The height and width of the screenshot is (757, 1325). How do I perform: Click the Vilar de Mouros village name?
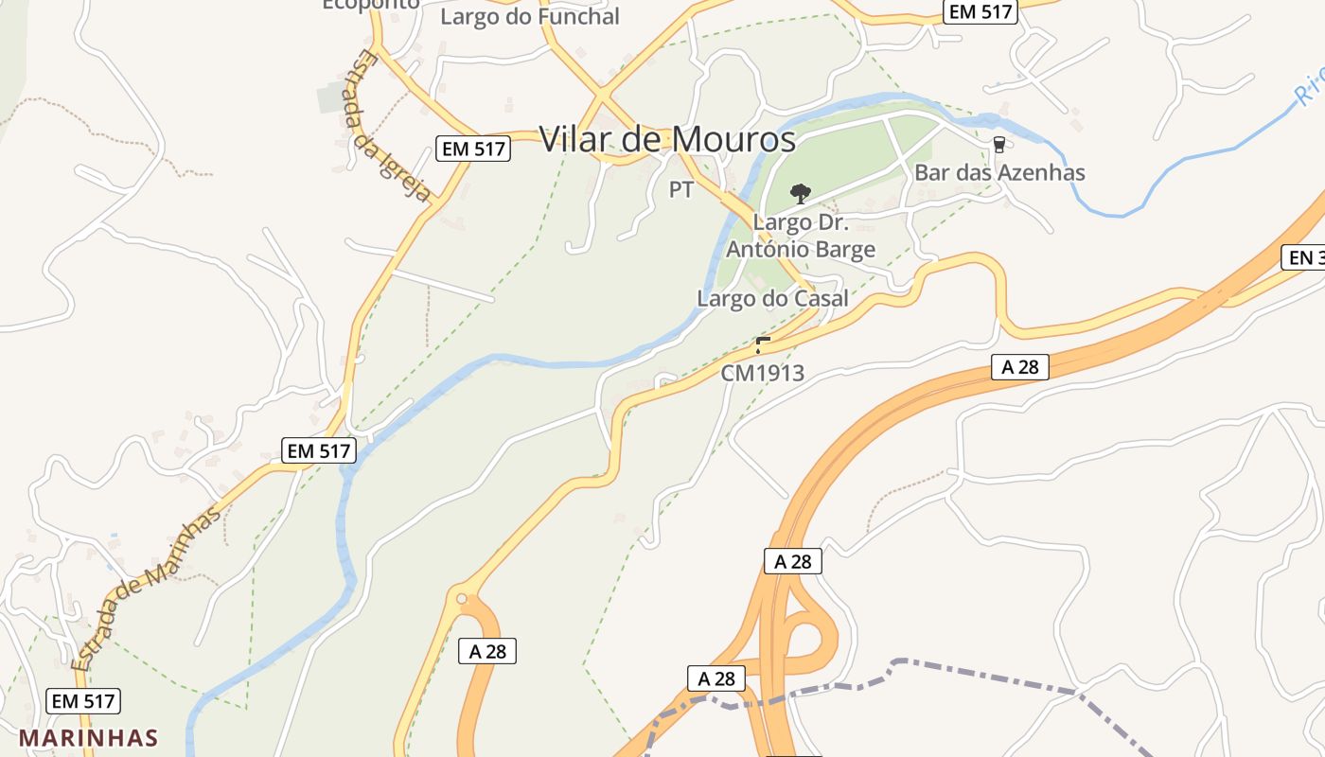click(667, 139)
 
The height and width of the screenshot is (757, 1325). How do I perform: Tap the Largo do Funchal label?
click(530, 16)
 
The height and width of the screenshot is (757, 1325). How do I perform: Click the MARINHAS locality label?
click(88, 737)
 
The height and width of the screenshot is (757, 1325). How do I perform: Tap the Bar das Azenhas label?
click(999, 172)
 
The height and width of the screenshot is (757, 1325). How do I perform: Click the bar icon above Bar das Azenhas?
click(998, 145)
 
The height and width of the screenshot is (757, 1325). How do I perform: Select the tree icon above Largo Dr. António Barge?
click(801, 194)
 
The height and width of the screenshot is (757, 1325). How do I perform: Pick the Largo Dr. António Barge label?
click(801, 237)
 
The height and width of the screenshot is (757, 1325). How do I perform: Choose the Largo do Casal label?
click(773, 298)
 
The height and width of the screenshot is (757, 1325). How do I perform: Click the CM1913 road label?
click(762, 374)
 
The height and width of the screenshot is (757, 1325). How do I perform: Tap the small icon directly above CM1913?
click(762, 344)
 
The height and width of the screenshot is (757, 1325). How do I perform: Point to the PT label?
click(681, 190)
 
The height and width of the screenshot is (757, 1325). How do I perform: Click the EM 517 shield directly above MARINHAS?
click(83, 701)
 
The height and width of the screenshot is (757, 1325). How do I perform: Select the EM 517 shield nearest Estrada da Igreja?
click(474, 148)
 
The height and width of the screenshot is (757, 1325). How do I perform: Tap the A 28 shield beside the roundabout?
click(487, 651)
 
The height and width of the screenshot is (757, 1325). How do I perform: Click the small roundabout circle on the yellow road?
click(462, 598)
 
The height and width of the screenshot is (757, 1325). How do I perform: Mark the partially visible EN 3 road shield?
click(1303, 257)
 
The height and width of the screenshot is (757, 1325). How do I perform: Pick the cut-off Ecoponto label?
click(371, 5)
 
